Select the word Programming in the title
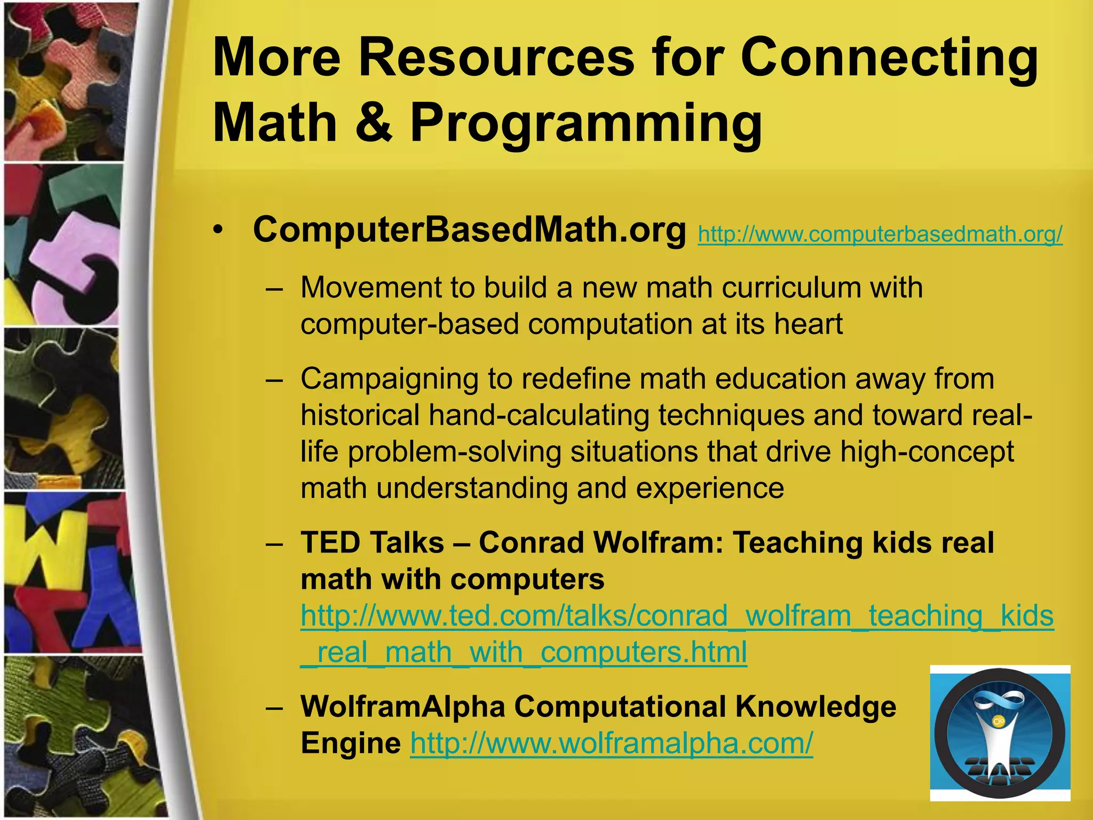(585, 124)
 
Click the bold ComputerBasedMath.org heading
(469, 230)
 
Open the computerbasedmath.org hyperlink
(880, 234)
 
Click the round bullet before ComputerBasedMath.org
(217, 231)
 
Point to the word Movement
(371, 288)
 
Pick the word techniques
(731, 415)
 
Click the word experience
(710, 488)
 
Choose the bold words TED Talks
(372, 543)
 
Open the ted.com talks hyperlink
(677, 616)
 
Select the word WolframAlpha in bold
(403, 707)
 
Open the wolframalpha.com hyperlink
(612, 743)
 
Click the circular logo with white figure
(1000, 733)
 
